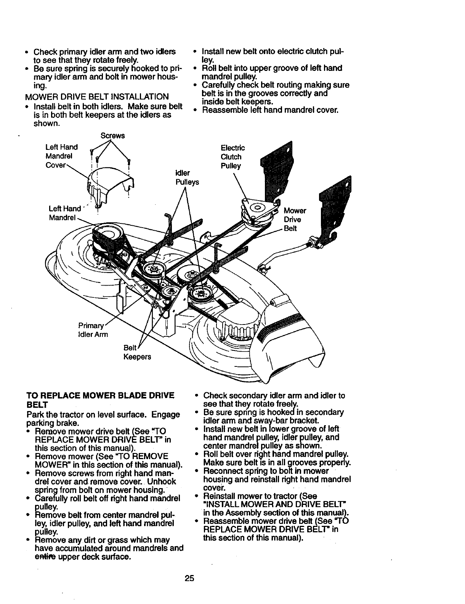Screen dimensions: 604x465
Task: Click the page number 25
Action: tap(189, 578)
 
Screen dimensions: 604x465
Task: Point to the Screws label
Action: tap(112, 136)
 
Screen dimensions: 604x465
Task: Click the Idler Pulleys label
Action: tap(187, 178)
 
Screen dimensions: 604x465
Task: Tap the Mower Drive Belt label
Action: tap(295, 220)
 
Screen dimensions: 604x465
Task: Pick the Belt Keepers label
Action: tap(137, 352)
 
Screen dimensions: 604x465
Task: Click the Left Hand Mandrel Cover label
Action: tap(61, 156)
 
